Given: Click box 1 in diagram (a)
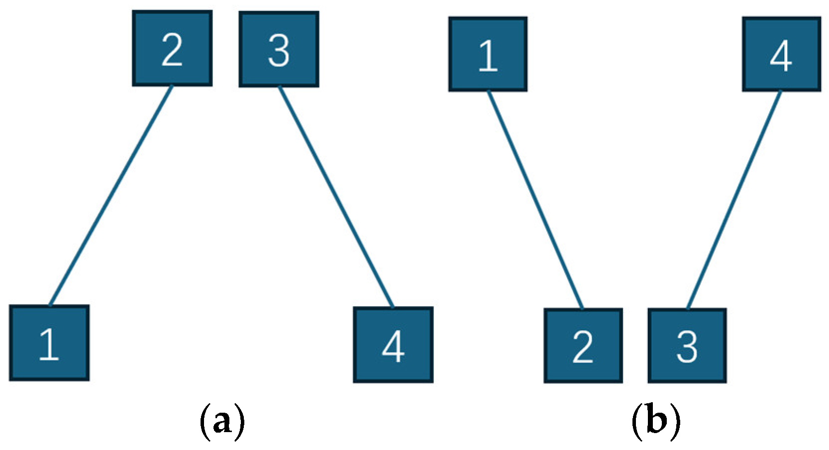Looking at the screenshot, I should [49, 343].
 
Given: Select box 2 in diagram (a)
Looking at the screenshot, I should [172, 49].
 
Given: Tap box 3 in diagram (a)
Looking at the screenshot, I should [279, 50].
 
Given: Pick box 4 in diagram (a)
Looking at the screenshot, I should [393, 345].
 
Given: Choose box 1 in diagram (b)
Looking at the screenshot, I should [488, 54].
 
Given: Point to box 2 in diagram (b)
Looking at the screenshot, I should [583, 346].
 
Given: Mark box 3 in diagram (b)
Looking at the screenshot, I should [687, 346].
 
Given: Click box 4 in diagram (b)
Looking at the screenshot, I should [781, 54].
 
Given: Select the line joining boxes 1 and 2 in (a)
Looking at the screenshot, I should [111, 195].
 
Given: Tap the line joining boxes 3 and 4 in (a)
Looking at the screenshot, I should [336, 197].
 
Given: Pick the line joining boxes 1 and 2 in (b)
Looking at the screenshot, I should [535, 200].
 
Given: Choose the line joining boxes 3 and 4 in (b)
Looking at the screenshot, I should [734, 200].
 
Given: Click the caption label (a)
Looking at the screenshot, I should [222, 422].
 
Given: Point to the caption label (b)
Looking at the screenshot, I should [656, 422].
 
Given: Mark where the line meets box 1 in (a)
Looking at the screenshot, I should [50, 305].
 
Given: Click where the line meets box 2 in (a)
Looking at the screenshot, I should [172, 86].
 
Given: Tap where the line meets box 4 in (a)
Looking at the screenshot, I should [393, 307].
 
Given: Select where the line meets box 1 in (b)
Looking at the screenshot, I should [488, 91].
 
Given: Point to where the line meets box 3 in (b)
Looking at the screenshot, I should [687, 309].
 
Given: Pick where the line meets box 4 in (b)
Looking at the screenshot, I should [781, 91].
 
